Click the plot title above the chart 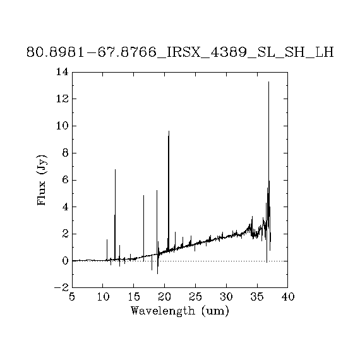180,52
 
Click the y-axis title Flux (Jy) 42,181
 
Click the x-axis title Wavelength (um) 180,311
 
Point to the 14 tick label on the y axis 63,72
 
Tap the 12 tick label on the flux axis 63,99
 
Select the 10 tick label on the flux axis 63,126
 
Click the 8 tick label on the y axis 66,153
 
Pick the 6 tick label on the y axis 66,180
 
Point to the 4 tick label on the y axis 66,207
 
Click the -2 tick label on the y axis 61,287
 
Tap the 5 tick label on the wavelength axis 72,297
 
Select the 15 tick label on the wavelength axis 134,297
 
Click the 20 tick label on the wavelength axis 165,297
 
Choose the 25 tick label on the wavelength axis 195,297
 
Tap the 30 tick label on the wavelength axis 226,297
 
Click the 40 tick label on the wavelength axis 288,297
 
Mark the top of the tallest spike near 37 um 268,81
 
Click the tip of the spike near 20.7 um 169,131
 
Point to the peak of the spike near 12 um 115,169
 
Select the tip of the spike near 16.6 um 144,195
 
